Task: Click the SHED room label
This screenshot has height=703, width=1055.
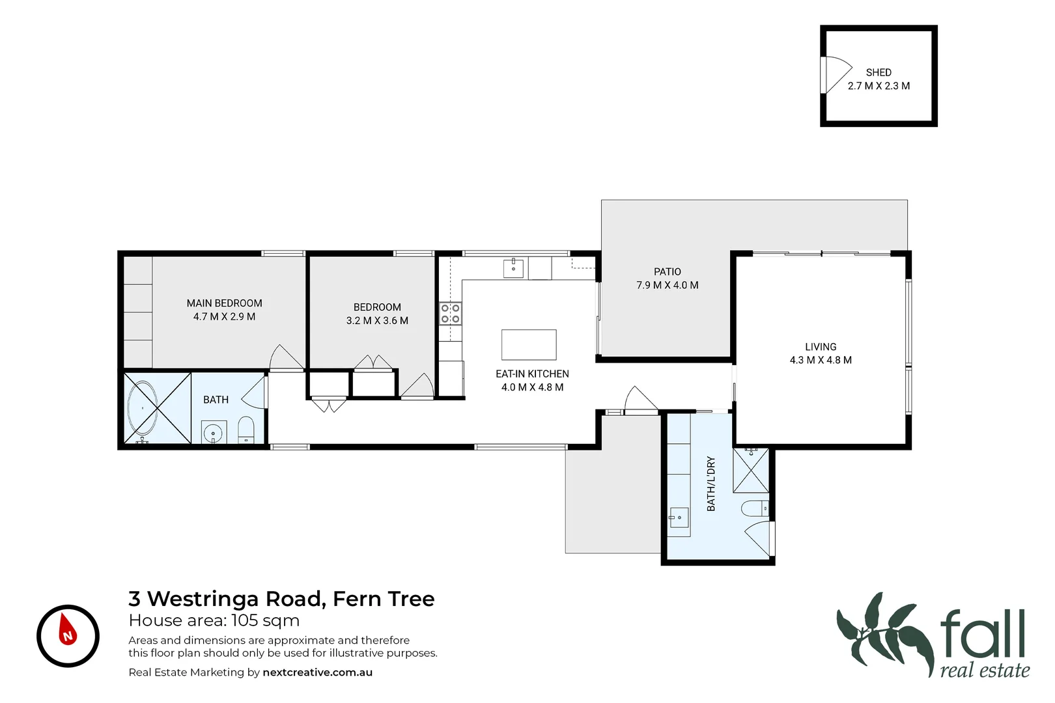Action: (879, 72)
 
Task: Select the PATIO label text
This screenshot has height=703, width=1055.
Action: (668, 271)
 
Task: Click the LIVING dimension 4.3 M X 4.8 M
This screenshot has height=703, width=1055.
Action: (821, 360)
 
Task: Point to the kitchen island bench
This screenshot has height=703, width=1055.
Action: (529, 344)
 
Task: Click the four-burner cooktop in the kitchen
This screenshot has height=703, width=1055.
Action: (450, 313)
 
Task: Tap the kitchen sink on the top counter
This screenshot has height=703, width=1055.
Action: (513, 268)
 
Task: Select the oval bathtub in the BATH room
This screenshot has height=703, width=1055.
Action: (142, 409)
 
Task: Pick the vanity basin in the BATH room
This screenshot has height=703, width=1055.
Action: (214, 432)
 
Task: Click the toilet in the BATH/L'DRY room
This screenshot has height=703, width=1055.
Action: (755, 508)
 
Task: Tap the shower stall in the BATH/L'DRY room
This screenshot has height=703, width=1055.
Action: (751, 470)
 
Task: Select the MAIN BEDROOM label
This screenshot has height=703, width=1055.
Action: (224, 303)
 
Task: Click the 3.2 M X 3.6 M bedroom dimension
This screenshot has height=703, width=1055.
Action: (377, 320)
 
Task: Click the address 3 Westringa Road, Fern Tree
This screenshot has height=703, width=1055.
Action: (281, 598)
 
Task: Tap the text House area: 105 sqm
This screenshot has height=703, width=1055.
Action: (214, 620)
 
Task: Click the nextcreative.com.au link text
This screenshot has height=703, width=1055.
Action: (317, 672)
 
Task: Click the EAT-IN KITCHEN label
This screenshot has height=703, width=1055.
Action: (532, 374)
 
